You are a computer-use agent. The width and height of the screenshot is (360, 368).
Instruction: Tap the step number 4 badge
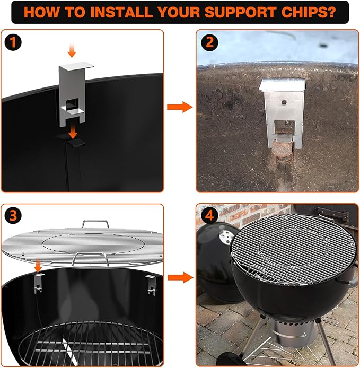(x=207, y=215)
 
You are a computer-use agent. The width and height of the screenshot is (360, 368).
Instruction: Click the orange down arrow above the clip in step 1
(x=73, y=50)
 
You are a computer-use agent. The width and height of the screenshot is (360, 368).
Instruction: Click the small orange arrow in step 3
(x=39, y=263)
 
